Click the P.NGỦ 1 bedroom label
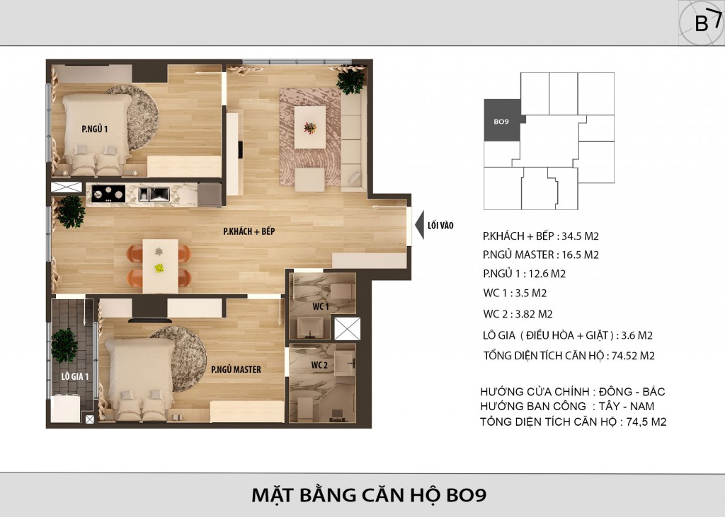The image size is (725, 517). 95,129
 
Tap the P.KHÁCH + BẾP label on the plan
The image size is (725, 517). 249,231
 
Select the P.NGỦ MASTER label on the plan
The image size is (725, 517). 236,370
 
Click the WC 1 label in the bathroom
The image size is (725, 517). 321,307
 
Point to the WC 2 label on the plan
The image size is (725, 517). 319,365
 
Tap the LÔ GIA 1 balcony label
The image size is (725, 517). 75,376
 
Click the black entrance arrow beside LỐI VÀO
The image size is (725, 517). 419,225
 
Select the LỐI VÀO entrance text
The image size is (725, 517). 440,226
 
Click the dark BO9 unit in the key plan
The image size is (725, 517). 503,120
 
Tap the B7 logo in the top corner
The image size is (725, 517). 702,22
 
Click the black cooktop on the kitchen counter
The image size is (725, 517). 108,194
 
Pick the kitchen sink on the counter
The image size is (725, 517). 154,194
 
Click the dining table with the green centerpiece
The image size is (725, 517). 160,266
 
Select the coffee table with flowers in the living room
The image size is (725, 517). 310,127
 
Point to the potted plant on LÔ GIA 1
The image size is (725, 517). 64,345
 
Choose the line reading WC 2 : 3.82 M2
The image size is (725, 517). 518,314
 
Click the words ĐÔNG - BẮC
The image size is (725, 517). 632,392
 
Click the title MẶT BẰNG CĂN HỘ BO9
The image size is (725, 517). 368,495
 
